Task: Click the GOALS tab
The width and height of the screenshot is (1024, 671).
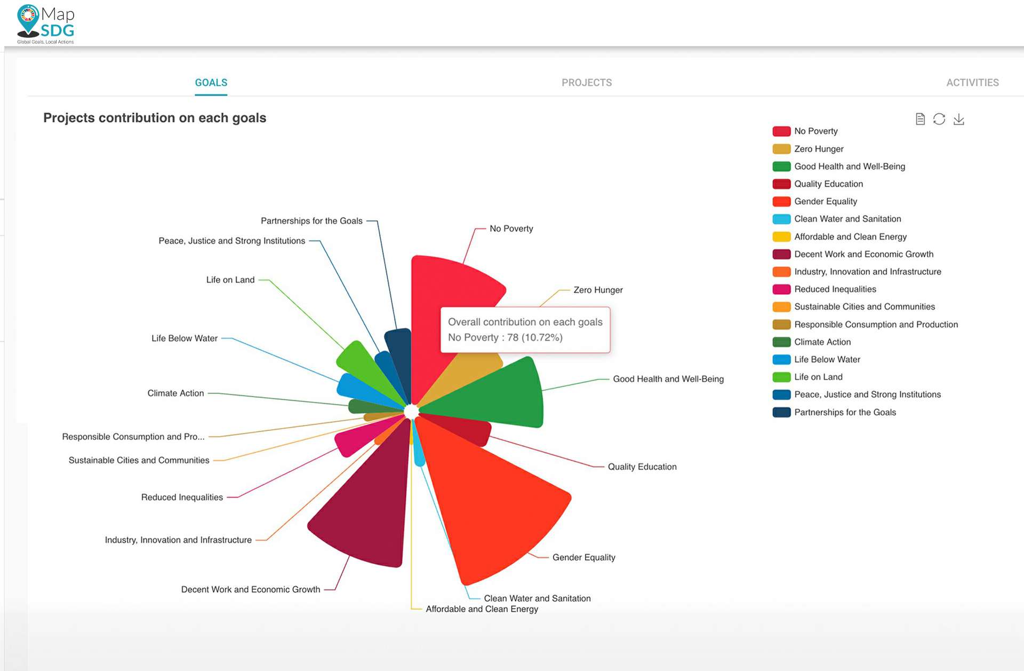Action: [211, 83]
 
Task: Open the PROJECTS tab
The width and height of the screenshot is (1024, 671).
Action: [586, 83]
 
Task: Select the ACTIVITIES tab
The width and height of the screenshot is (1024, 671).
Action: [972, 83]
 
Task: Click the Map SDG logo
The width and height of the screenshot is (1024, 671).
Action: [45, 24]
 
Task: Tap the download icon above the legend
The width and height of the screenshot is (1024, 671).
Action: [958, 119]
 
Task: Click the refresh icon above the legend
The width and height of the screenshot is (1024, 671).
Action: [939, 119]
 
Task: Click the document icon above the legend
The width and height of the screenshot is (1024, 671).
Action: [919, 119]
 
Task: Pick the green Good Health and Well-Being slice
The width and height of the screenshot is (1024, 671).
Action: [501, 395]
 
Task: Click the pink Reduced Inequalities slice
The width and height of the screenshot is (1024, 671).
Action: [352, 440]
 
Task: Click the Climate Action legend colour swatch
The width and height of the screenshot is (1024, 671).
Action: [781, 342]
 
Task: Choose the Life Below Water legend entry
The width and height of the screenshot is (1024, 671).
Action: [827, 360]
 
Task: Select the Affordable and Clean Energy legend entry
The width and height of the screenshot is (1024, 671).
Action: [850, 237]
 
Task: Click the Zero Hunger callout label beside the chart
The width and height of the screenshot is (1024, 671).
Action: [598, 290]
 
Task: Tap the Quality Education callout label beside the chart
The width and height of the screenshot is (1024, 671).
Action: [642, 467]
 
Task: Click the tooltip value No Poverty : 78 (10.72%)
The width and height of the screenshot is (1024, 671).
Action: [505, 337]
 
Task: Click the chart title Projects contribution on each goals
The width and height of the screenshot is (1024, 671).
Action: [155, 118]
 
